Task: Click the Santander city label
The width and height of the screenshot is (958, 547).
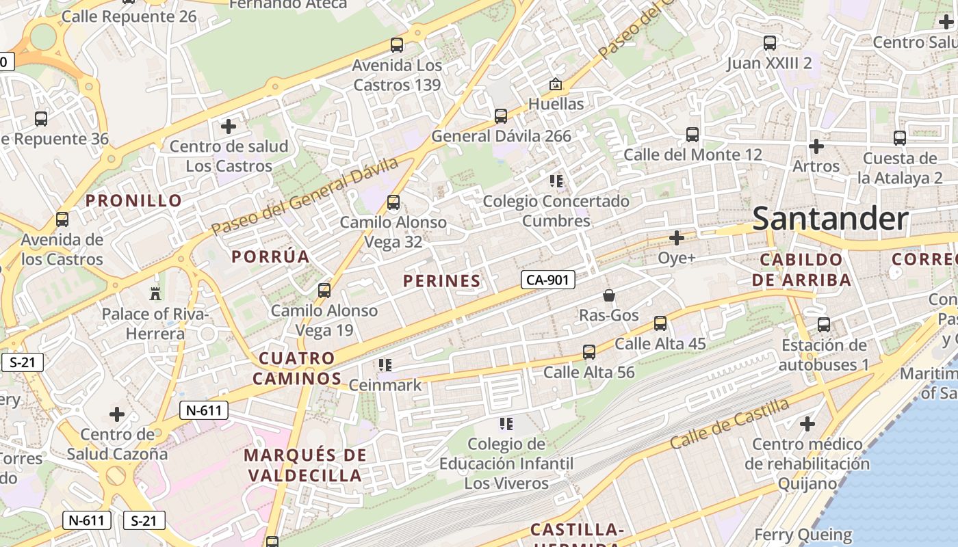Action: (x=830, y=219)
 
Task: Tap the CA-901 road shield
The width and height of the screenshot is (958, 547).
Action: (x=547, y=279)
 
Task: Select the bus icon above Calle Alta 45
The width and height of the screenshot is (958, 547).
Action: (x=660, y=323)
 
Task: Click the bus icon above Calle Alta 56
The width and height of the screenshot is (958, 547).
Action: (x=589, y=352)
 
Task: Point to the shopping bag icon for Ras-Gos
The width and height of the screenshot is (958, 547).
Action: (x=608, y=295)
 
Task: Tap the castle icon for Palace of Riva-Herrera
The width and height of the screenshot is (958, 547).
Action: (x=155, y=294)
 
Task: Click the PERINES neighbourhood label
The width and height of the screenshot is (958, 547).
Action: (x=441, y=281)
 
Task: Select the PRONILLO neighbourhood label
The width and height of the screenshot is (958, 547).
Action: (x=134, y=201)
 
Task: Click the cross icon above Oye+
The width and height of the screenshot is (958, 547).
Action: (x=677, y=238)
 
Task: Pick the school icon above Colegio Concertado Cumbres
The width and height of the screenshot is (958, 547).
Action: (x=556, y=181)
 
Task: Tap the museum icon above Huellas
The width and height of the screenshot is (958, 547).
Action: (x=556, y=85)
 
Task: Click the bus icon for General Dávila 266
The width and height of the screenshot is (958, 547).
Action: (x=501, y=116)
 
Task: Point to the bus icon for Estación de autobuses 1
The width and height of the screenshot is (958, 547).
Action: (x=824, y=325)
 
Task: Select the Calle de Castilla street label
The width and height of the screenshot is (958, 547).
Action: (x=729, y=423)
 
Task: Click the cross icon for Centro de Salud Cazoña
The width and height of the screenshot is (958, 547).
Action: (x=117, y=414)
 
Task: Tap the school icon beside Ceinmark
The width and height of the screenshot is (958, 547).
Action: (x=385, y=365)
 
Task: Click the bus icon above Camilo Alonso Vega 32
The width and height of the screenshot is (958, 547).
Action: (x=393, y=202)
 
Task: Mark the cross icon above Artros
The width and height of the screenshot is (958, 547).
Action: (x=816, y=146)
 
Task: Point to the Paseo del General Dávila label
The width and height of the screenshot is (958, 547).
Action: (x=305, y=196)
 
